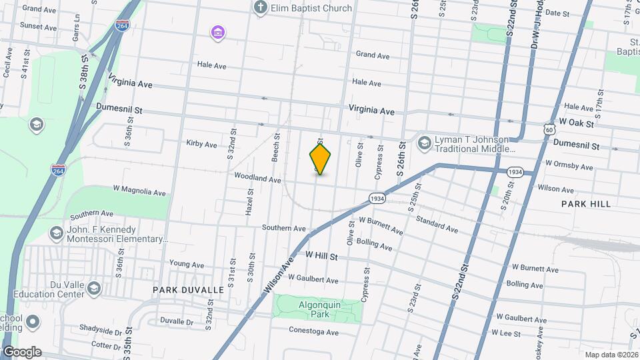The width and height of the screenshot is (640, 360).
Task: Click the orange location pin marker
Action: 320,159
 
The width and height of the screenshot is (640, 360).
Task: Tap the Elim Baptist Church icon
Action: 261,9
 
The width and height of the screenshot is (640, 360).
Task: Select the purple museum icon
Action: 217,31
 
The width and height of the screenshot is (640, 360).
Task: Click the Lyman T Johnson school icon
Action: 424,143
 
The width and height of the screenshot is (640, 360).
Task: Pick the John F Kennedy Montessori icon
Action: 57,234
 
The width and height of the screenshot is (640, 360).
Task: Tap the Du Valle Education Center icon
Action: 93,288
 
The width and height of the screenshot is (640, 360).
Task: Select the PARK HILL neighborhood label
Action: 585,203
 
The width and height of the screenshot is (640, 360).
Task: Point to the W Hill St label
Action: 322,255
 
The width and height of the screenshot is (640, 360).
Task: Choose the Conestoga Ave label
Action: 313,331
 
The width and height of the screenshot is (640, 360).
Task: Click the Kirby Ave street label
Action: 202,144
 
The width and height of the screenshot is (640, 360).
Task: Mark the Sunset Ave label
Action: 38,27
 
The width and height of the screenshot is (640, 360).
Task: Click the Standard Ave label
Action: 437,224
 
